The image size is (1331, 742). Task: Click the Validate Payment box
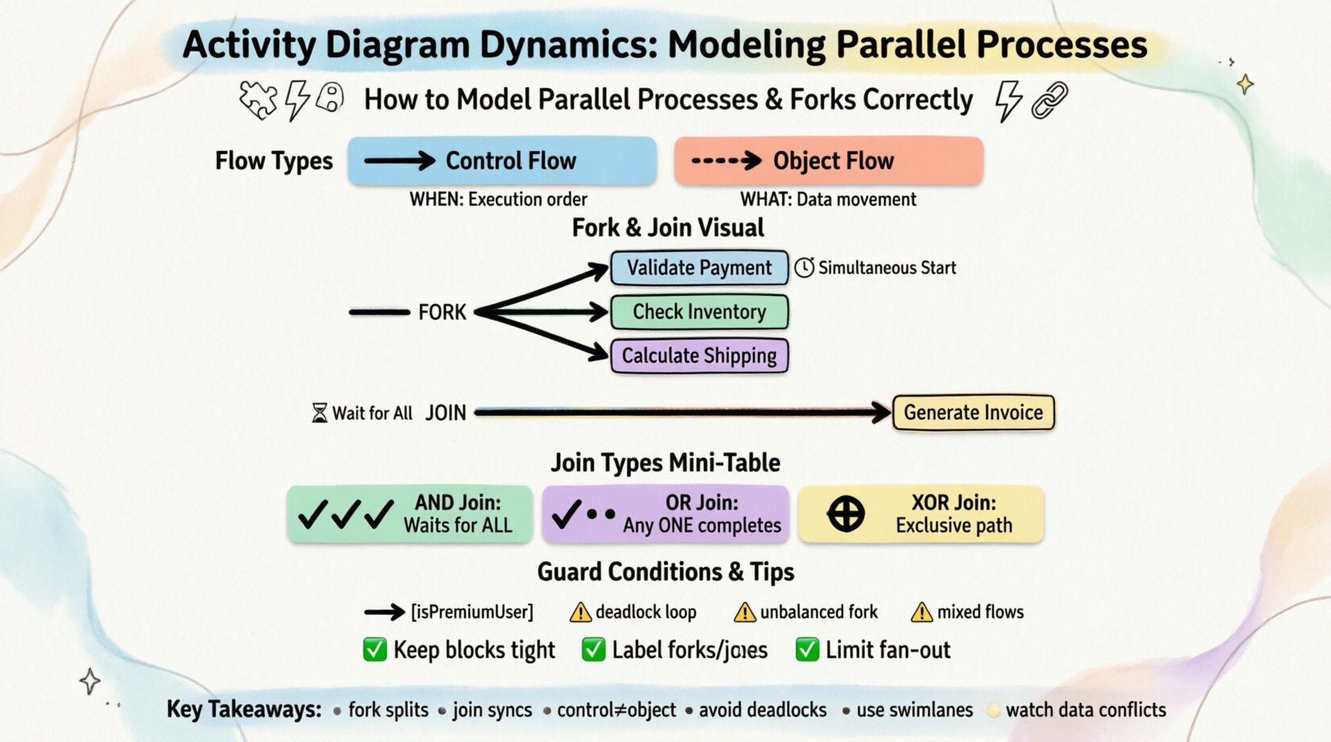(x=699, y=268)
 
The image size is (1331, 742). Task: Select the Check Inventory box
(x=699, y=312)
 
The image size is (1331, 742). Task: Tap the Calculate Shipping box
(x=699, y=356)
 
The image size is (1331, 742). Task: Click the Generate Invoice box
(x=973, y=413)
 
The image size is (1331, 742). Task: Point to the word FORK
(x=442, y=312)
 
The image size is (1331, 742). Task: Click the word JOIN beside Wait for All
(x=446, y=413)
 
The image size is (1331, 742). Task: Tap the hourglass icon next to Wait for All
(x=319, y=413)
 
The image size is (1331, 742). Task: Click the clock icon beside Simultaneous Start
(x=804, y=268)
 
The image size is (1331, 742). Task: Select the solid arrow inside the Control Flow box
(x=399, y=161)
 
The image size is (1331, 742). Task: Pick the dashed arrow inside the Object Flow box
(x=725, y=161)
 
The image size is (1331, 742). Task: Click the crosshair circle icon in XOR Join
(x=845, y=514)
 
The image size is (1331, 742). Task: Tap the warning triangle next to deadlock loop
(x=580, y=612)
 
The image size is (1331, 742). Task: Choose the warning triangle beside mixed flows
(x=921, y=612)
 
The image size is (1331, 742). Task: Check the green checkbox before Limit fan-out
(x=807, y=650)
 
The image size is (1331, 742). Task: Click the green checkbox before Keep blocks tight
(x=374, y=650)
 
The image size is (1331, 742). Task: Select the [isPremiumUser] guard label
(x=472, y=612)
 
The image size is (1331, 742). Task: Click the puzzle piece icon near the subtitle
(x=258, y=101)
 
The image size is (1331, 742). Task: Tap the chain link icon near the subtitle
(x=1049, y=101)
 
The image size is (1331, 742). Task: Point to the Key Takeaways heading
(x=244, y=709)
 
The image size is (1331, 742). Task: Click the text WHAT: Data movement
(x=828, y=199)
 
